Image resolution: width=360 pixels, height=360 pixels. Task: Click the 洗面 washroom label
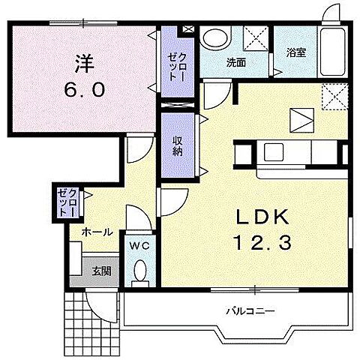point(235,62)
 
